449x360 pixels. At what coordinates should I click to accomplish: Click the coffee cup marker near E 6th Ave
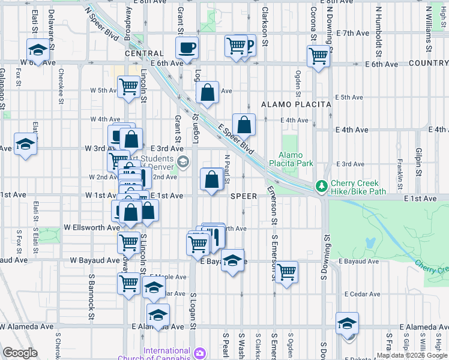click(x=187, y=47)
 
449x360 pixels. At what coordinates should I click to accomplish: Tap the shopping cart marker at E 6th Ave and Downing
click(x=318, y=56)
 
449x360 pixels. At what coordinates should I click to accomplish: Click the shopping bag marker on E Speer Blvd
click(x=244, y=125)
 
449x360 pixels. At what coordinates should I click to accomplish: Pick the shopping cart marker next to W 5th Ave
click(x=128, y=88)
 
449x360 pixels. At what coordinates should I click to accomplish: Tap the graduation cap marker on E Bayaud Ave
click(x=232, y=260)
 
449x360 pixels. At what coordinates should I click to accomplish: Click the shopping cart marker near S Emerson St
click(x=287, y=272)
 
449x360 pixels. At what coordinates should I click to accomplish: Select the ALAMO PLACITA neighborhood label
click(x=297, y=104)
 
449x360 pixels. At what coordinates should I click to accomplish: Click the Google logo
click(x=20, y=353)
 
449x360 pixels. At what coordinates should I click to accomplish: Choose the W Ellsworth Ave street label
click(x=92, y=228)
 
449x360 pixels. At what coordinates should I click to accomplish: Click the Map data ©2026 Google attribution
click(x=411, y=355)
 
